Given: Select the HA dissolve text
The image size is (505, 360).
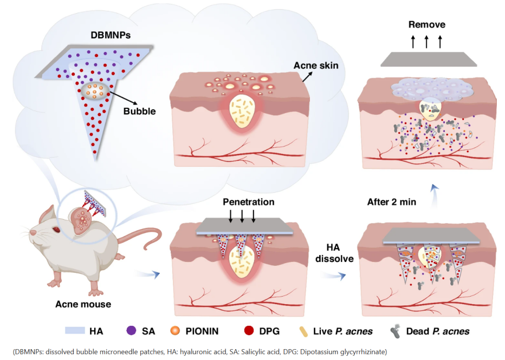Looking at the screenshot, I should point(335,252).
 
